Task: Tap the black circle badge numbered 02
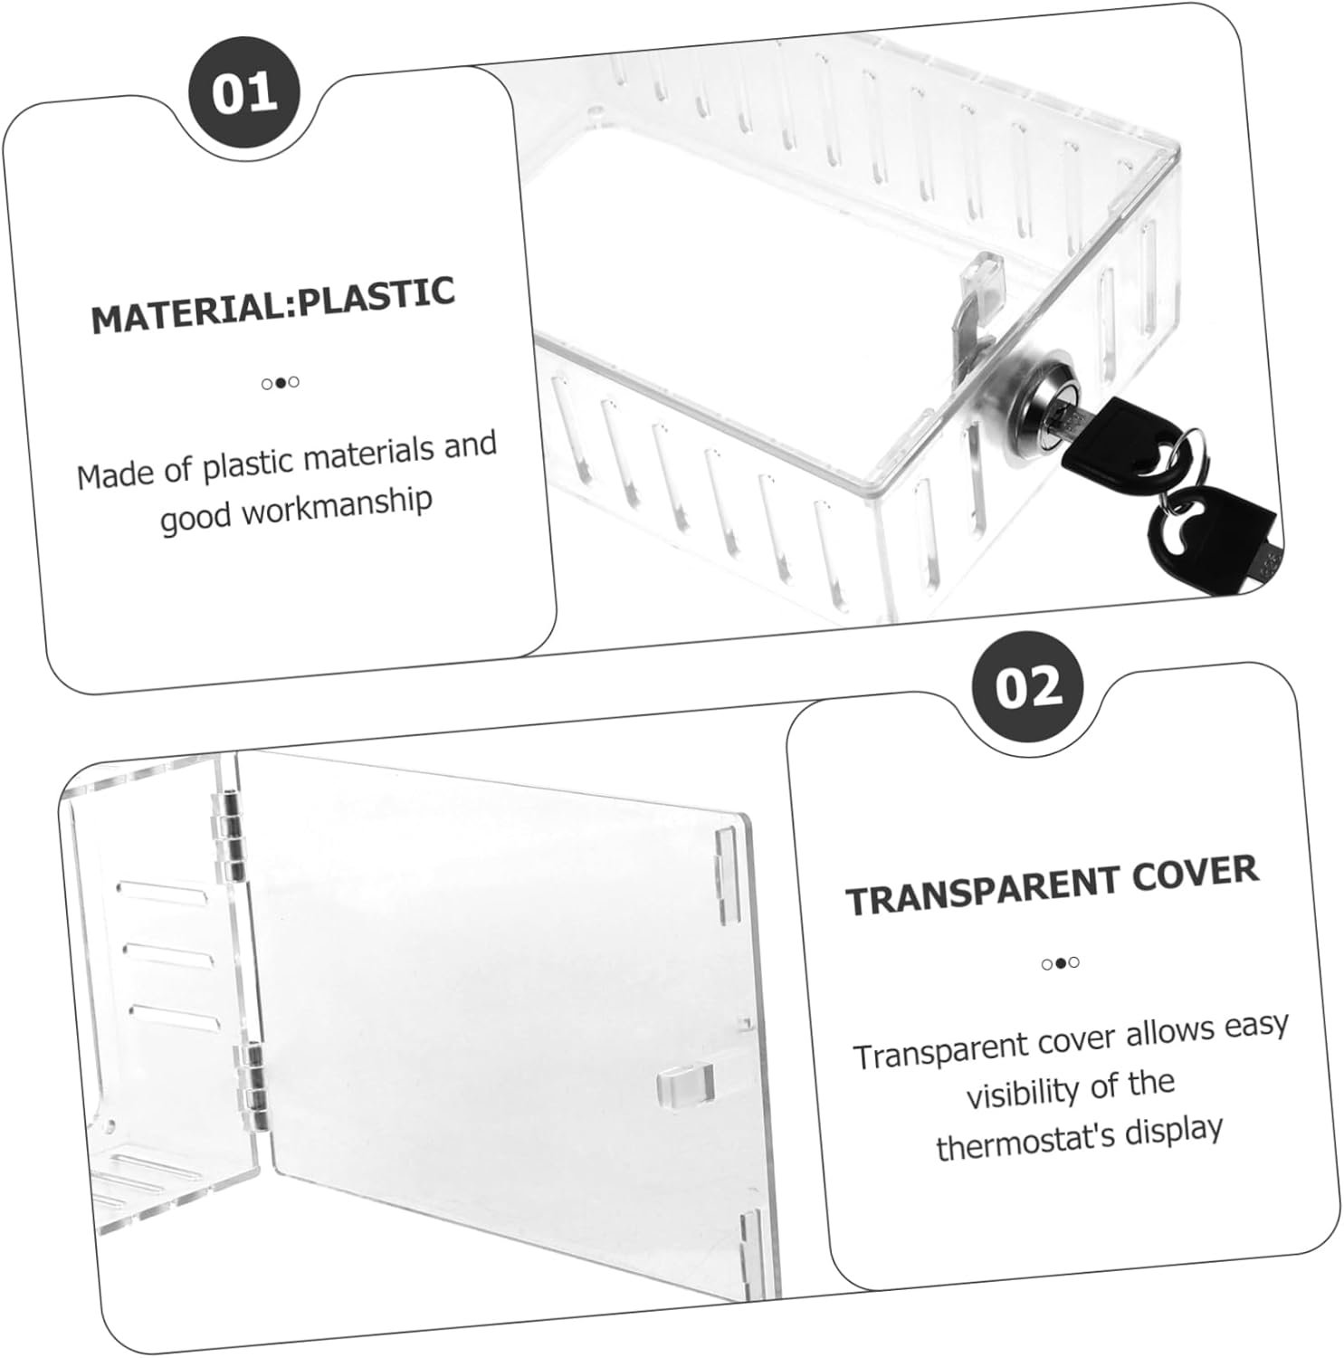(x=1028, y=688)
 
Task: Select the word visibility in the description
(x=1024, y=1091)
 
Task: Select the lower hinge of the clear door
(x=251, y=1083)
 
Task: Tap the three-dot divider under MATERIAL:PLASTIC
(x=281, y=382)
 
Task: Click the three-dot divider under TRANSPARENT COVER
(x=1060, y=963)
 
